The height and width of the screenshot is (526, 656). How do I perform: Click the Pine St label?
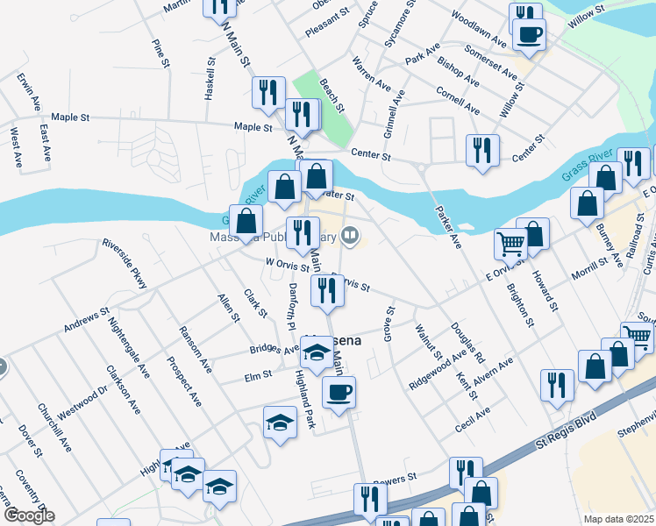coord(158,53)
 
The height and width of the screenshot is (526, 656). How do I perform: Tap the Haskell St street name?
coord(210,80)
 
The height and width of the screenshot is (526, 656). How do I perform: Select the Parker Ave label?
coord(448,227)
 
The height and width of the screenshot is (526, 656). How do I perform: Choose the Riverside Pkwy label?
coord(125,262)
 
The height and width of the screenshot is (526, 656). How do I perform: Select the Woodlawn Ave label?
coord(480,29)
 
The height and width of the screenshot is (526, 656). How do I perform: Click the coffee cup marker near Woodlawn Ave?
coord(529,36)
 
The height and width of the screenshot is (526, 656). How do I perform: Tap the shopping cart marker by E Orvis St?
coord(510,243)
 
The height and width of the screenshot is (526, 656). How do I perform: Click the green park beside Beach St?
coord(322,107)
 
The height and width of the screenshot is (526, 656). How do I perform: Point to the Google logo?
coord(27,515)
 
